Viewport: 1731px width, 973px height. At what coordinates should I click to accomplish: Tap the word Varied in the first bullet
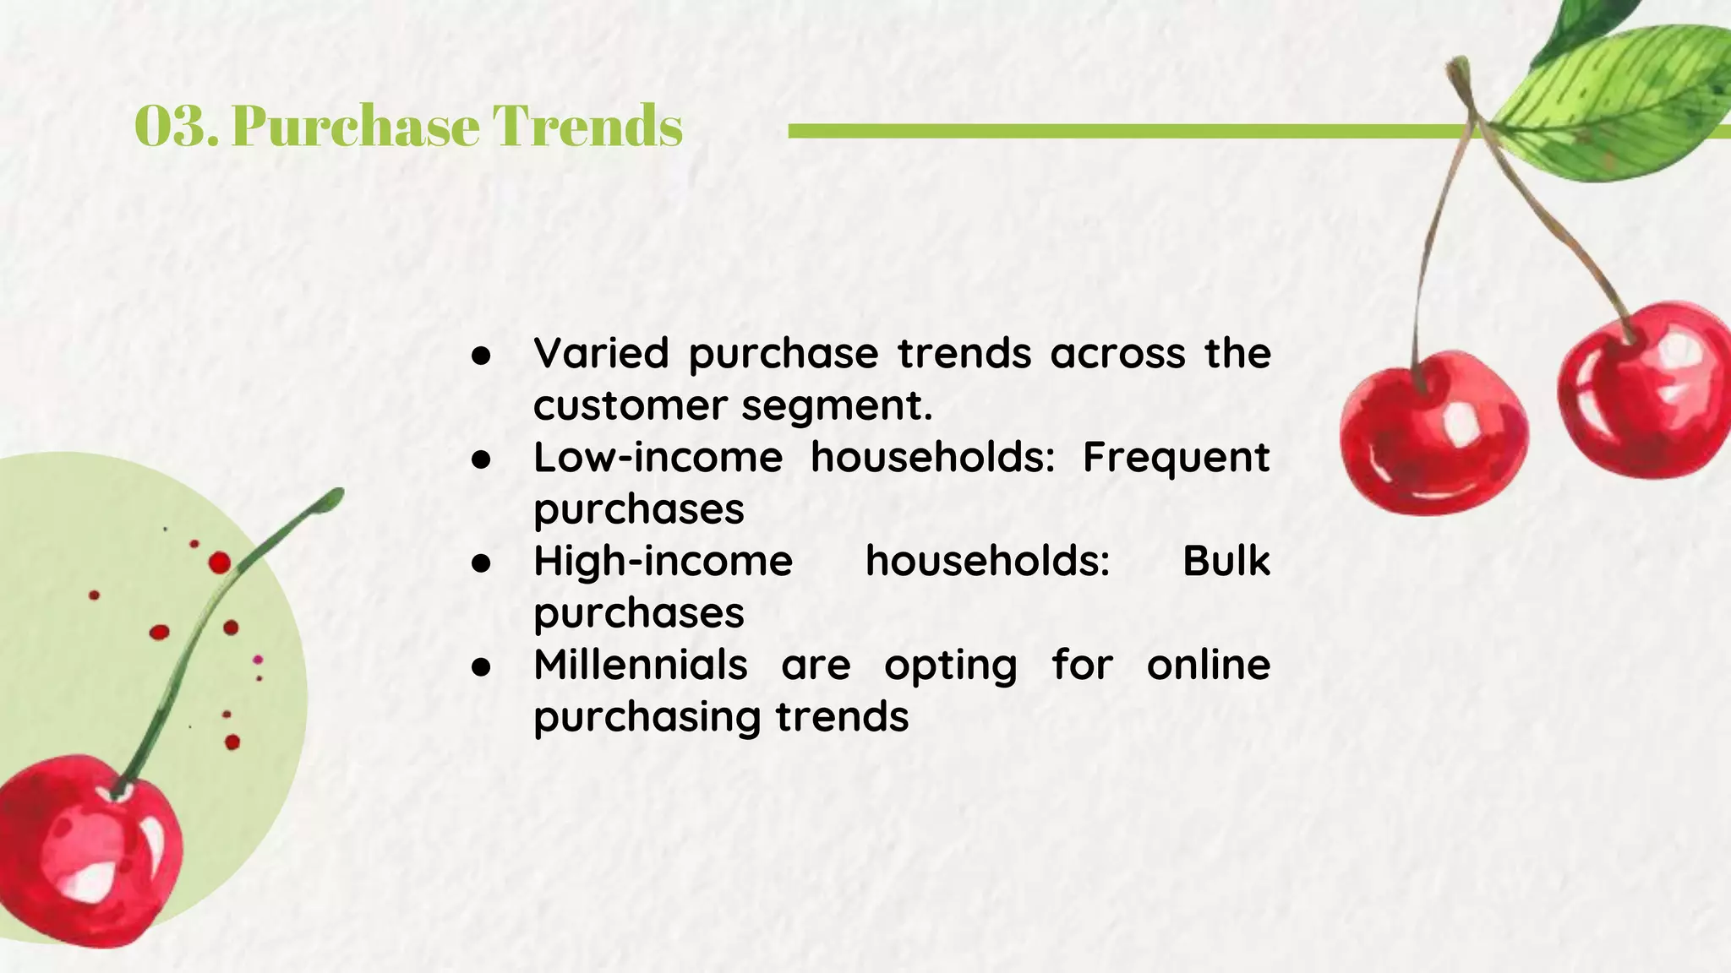[601, 353]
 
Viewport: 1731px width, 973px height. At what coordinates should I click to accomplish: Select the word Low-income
[658, 458]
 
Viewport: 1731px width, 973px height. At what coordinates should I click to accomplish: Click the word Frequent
[1176, 458]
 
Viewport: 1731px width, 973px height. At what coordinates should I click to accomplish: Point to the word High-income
[663, 561]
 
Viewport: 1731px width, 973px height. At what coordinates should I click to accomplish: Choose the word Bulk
[1226, 561]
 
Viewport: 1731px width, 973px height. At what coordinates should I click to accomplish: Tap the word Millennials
[640, 665]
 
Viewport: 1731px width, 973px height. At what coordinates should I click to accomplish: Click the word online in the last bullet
[1208, 665]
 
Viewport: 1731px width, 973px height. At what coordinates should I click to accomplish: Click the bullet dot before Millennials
[481, 667]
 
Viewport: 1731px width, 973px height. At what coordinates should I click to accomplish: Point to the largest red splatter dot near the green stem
[220, 563]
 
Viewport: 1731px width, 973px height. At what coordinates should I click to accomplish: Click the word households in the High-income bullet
[987, 561]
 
